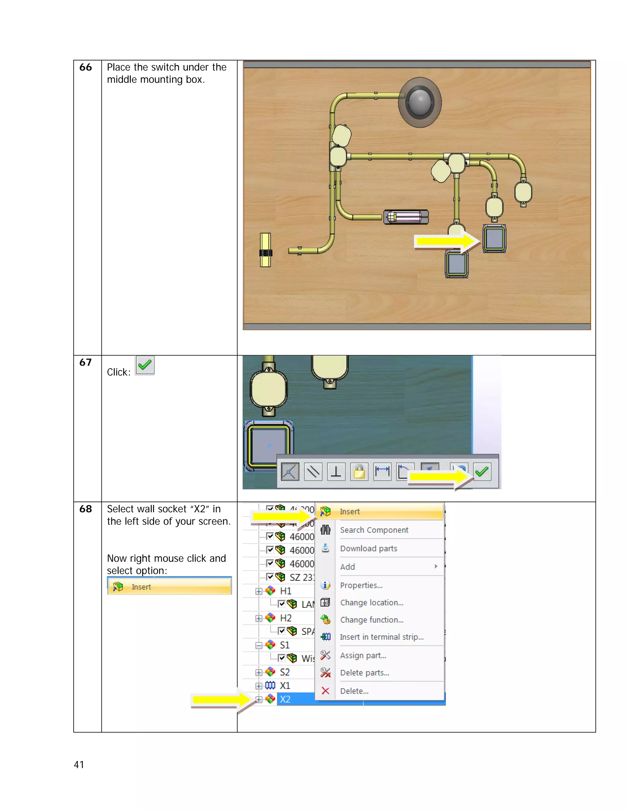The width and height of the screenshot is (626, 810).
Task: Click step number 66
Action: tap(85, 67)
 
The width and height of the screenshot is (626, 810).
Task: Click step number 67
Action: tap(85, 362)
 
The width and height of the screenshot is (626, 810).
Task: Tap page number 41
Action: tap(79, 764)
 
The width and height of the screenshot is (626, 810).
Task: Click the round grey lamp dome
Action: tap(420, 102)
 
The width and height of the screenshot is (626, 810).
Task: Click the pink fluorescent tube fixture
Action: tap(406, 217)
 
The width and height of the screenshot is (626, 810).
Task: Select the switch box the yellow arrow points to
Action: tap(494, 238)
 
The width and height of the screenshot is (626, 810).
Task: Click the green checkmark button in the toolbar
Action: tap(482, 471)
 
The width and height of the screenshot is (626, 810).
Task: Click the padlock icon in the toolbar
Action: tap(359, 472)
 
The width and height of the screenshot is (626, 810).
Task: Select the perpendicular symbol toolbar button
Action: tap(336, 472)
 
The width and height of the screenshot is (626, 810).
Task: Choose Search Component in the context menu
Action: tap(374, 530)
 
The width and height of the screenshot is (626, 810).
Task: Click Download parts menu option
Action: tap(368, 549)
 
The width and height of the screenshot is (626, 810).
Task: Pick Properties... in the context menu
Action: tap(361, 585)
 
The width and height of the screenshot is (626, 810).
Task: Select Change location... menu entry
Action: tap(372, 603)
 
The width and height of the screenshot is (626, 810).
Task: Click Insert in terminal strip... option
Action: tap(381, 637)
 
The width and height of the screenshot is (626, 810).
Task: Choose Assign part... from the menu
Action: tap(363, 655)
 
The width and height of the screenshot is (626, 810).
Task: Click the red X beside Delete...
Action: tap(325, 690)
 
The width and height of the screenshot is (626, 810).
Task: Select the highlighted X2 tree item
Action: tap(285, 699)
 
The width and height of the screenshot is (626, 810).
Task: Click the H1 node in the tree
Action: tap(285, 591)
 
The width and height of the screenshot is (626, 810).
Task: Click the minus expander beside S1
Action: tap(259, 645)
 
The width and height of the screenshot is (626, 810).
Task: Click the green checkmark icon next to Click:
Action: tap(145, 365)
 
